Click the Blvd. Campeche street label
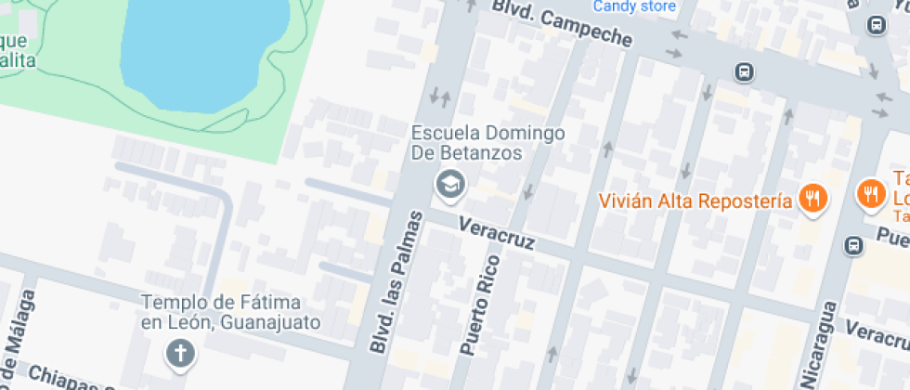point(561,24)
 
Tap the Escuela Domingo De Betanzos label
point(488,143)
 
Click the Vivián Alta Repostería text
point(695,201)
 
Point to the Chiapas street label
point(70,379)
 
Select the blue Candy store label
point(634,6)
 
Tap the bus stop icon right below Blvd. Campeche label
point(743,71)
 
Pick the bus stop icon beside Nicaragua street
point(853,246)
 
